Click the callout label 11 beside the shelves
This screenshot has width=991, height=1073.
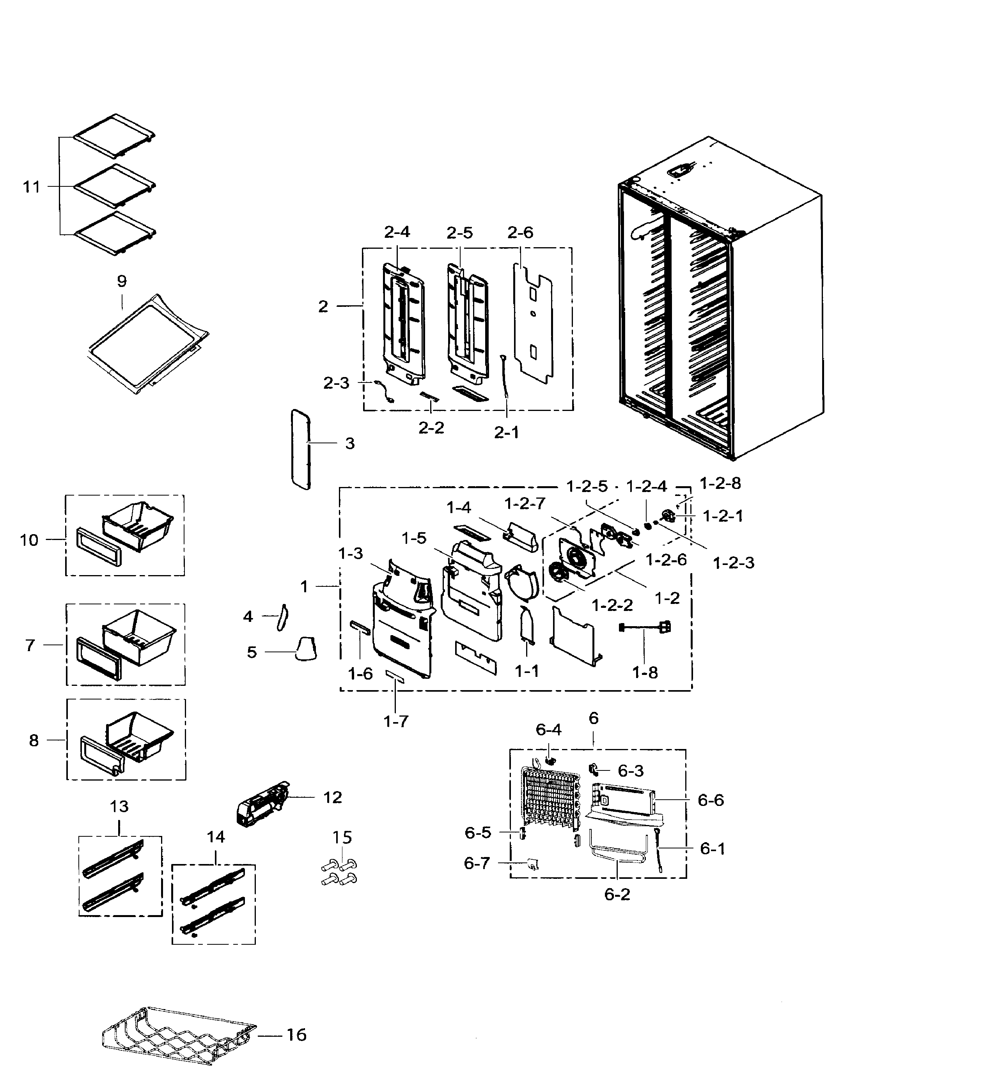[x=31, y=187]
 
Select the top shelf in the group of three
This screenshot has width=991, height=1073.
[x=115, y=137]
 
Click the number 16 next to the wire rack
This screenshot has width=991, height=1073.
[x=296, y=1034]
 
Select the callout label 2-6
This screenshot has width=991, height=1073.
[x=520, y=233]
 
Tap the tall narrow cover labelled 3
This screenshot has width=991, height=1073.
[x=300, y=450]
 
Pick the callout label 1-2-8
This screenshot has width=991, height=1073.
[x=720, y=484]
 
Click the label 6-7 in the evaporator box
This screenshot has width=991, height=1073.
[x=477, y=863]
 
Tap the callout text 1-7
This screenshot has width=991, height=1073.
[x=396, y=722]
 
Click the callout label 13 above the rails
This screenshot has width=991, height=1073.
[x=119, y=806]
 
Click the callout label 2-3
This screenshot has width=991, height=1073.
[x=336, y=383]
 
